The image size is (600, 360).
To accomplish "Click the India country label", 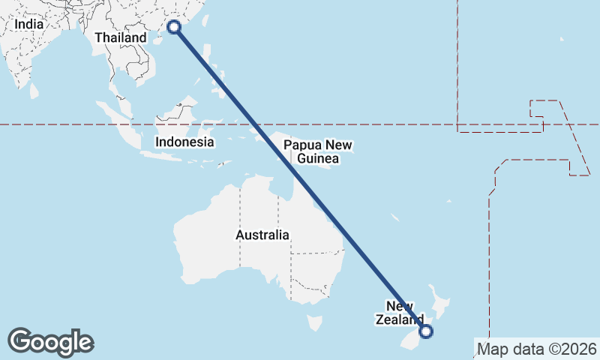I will pos(29,24).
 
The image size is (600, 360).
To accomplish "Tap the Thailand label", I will pos(121,37).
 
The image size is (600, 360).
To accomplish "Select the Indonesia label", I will pos(184,142).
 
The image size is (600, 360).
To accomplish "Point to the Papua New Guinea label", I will pos(318,151).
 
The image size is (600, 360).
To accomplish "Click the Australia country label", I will pos(262,235).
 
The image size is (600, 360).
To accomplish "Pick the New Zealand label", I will pos(400,312).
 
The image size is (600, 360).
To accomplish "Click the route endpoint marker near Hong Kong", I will pos(174,27).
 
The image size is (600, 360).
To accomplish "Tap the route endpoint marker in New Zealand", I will pos(426,331).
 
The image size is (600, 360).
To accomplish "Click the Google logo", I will pos(51,342).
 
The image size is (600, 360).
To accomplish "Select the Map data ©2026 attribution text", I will pos(537,349).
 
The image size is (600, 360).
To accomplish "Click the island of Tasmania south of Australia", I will pos(315,323).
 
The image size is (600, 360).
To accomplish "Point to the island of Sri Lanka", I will pos(34,90).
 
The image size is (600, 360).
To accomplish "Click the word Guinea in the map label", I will pos(318,158).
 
